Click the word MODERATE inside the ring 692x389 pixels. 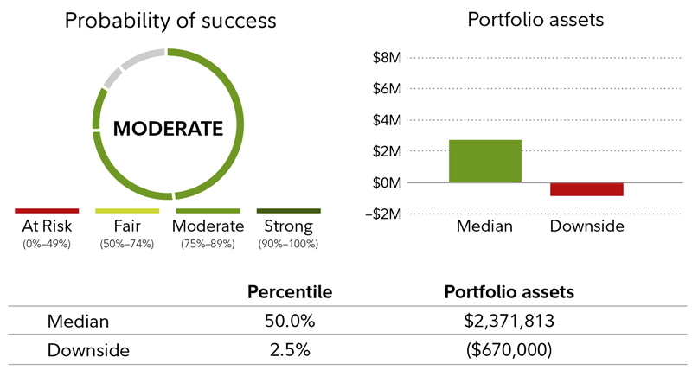[x=169, y=129]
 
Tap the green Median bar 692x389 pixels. [x=485, y=161]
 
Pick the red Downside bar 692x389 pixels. [x=586, y=189]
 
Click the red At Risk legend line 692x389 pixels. [x=47, y=210]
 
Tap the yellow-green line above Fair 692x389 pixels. [x=127, y=210]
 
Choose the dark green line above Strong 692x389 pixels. [x=288, y=210]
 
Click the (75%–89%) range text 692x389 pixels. [x=208, y=244]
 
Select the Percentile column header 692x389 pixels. [x=290, y=292]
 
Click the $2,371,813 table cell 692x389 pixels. [x=509, y=322]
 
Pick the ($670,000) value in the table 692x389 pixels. [x=509, y=350]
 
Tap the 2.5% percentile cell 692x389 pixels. [x=290, y=350]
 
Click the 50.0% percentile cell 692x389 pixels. [x=290, y=322]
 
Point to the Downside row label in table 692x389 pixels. [x=87, y=350]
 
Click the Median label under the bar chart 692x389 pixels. [x=485, y=226]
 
